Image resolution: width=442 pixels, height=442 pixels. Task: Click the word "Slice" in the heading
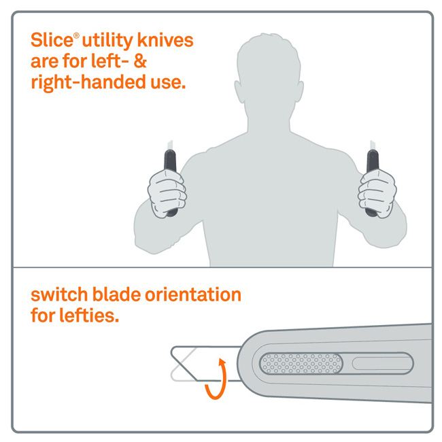click(52, 40)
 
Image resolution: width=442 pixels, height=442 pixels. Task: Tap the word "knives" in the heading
click(165, 40)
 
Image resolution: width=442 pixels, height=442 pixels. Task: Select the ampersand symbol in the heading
click(140, 61)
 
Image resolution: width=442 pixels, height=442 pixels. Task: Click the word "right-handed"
click(88, 82)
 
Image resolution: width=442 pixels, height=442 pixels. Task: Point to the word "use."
click(168, 83)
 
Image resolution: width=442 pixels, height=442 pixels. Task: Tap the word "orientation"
click(193, 294)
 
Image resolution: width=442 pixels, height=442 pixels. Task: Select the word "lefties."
click(89, 316)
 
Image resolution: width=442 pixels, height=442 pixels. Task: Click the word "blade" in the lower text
click(116, 294)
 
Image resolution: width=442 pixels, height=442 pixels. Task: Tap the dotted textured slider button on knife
click(301, 364)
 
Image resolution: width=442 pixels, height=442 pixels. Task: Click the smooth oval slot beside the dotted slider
click(382, 364)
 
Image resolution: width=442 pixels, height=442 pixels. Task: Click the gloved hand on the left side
click(167, 193)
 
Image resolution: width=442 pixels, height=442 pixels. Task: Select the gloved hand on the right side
click(377, 193)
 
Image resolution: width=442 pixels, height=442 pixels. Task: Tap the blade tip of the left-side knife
click(170, 141)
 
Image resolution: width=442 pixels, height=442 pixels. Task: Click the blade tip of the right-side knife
click(372, 141)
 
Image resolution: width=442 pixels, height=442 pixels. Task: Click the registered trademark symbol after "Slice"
click(76, 36)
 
